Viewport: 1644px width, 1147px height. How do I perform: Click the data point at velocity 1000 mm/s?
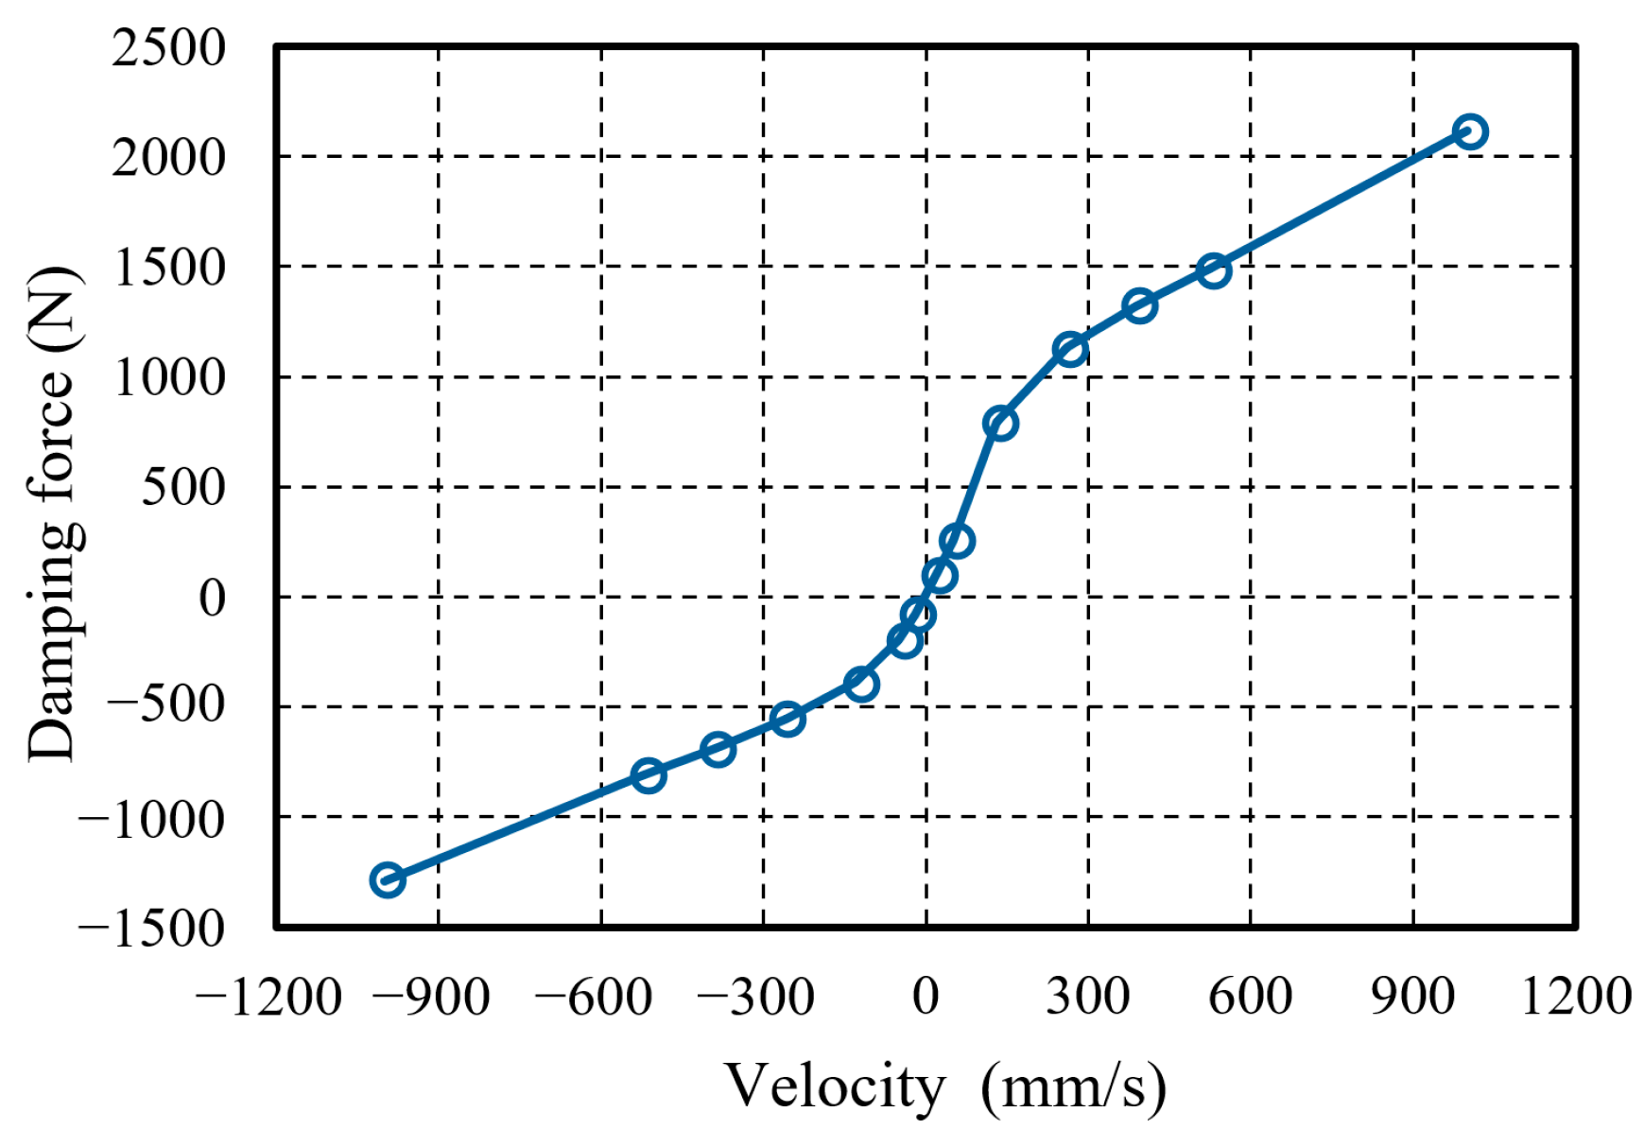pyautogui.click(x=1469, y=131)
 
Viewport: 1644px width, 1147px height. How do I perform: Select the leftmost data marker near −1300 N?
pyautogui.click(x=387, y=879)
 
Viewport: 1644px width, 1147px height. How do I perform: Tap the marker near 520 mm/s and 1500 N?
pyautogui.click(x=1213, y=271)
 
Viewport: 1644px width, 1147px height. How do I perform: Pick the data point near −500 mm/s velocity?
pyautogui.click(x=648, y=775)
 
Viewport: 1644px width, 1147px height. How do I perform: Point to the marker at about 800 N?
pyautogui.click(x=1000, y=423)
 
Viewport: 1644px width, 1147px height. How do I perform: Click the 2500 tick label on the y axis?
pyautogui.click(x=168, y=47)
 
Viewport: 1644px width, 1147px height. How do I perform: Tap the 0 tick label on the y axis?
pyautogui.click(x=212, y=598)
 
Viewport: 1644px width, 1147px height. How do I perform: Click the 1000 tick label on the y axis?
pyautogui.click(x=169, y=377)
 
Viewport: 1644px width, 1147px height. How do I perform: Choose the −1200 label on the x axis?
pyautogui.click(x=268, y=997)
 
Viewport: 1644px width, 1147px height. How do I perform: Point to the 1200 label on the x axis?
pyautogui.click(x=1576, y=997)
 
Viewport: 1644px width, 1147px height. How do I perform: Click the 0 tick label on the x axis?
pyautogui.click(x=926, y=997)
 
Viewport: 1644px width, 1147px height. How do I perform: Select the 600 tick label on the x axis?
pyautogui.click(x=1250, y=997)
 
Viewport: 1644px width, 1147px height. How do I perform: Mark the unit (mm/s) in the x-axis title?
pyautogui.click(x=1073, y=1087)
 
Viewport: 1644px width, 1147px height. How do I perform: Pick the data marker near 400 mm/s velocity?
pyautogui.click(x=1140, y=305)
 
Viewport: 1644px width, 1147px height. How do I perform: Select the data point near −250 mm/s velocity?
pyautogui.click(x=787, y=720)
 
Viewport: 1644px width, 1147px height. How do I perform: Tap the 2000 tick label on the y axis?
pyautogui.click(x=168, y=157)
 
